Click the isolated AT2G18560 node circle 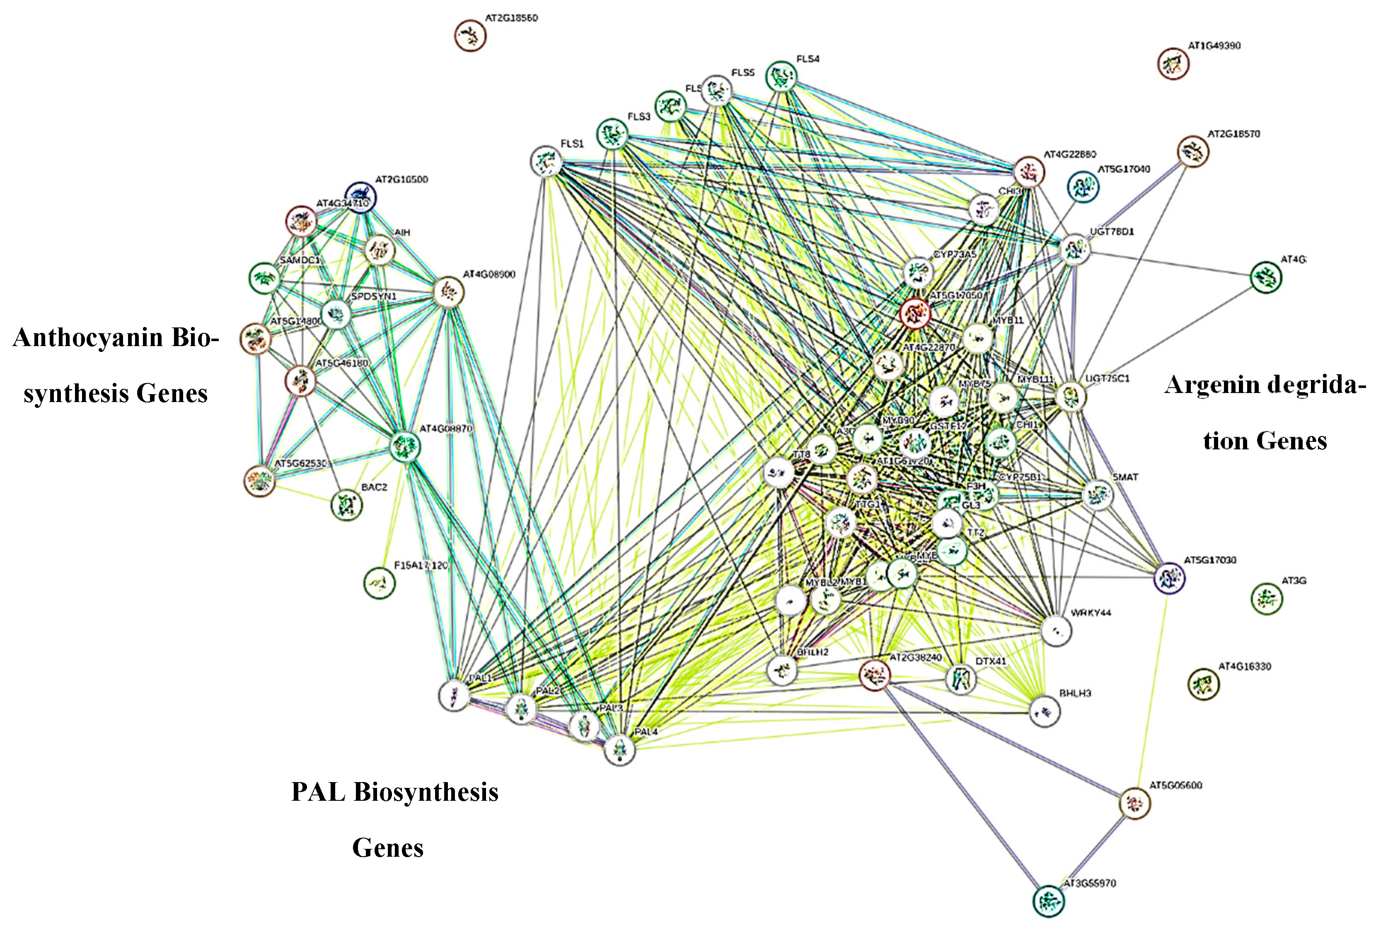(470, 36)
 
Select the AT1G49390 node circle (1173, 63)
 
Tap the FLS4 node (781, 76)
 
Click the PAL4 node (619, 750)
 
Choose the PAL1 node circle (454, 695)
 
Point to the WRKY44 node (1056, 631)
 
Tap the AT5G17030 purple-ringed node (1170, 578)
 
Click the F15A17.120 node (379, 583)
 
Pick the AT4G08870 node (405, 446)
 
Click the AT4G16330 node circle (1203, 684)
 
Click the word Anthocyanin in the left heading (87, 338)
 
